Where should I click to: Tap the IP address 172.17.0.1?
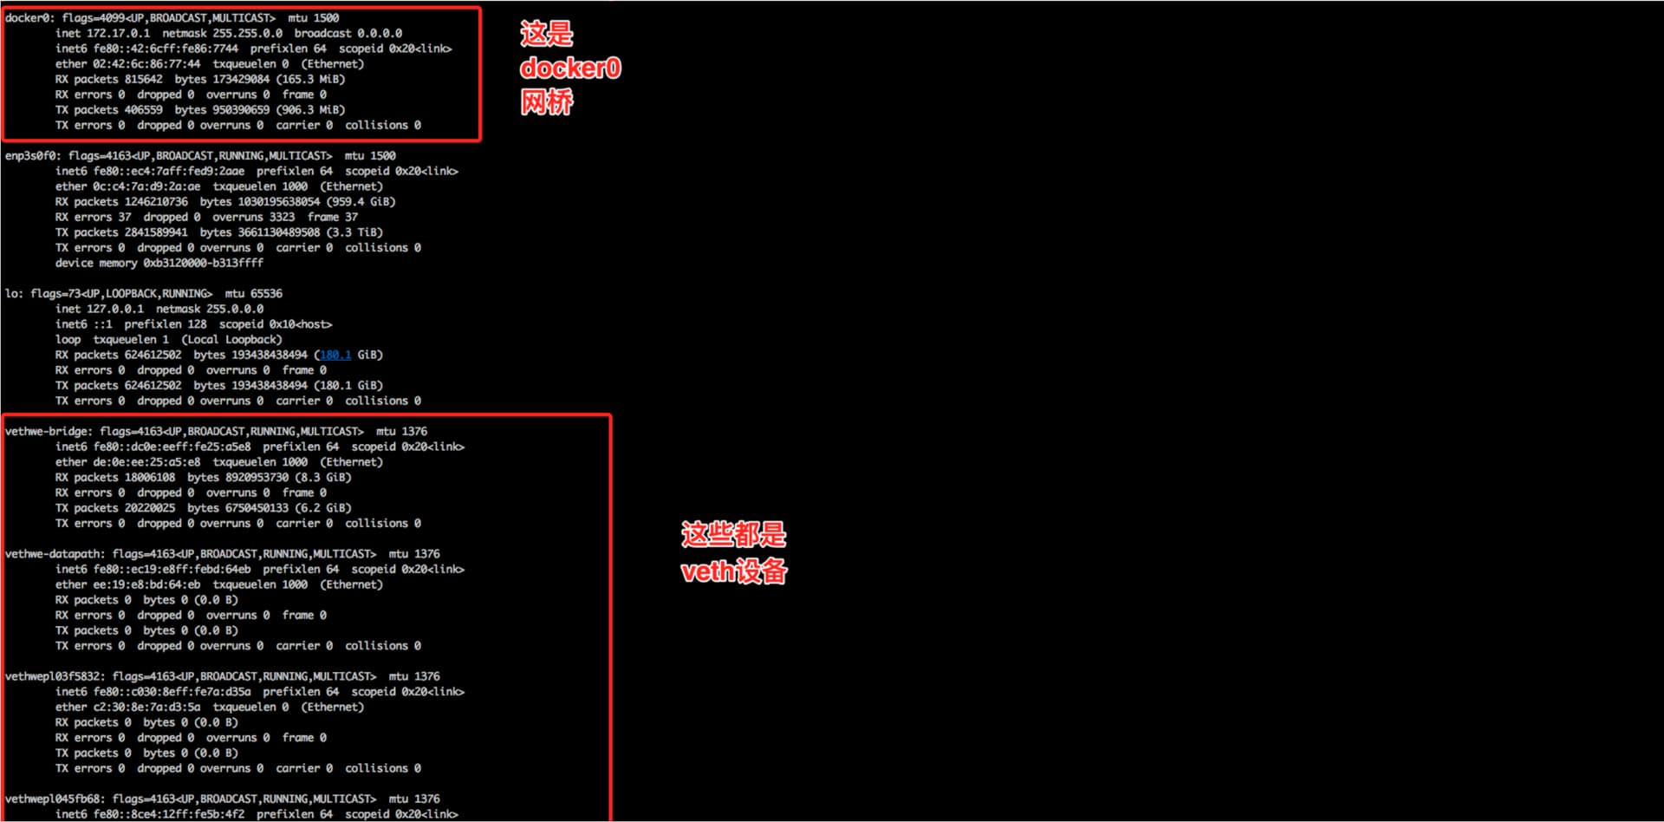(118, 34)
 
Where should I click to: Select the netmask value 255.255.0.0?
(247, 34)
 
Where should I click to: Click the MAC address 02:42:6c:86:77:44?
(146, 64)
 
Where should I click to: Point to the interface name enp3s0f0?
(33, 156)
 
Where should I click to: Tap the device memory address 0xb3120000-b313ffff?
(203, 264)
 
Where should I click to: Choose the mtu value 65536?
(266, 294)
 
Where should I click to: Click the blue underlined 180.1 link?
(335, 356)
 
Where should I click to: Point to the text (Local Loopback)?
(231, 340)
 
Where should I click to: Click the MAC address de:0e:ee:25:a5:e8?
(146, 462)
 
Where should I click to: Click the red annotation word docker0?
(570, 68)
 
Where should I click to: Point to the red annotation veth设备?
(734, 571)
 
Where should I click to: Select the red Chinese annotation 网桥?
(547, 102)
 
